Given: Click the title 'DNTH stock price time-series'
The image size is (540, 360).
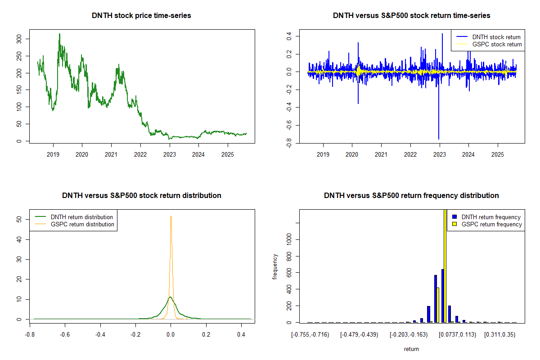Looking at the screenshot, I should pyautogui.click(x=141, y=16).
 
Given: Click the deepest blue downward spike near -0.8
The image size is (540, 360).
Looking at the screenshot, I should pyautogui.click(x=439, y=139).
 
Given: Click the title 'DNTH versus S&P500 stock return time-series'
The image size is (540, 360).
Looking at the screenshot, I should pyautogui.click(x=411, y=16).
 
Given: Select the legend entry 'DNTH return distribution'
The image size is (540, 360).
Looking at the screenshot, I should pyautogui.click(x=82, y=217).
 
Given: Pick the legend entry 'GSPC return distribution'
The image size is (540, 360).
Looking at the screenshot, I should pyautogui.click(x=82, y=224).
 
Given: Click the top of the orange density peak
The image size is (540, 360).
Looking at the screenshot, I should pyautogui.click(x=171, y=216).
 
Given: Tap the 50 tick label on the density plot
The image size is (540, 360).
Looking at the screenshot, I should pyautogui.click(x=18, y=220).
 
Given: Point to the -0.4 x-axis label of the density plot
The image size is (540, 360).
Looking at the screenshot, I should pyautogui.click(x=100, y=334).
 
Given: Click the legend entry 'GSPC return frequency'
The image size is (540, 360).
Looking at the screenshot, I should pyautogui.click(x=491, y=224).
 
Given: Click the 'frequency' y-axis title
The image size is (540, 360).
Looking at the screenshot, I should pyautogui.click(x=275, y=266).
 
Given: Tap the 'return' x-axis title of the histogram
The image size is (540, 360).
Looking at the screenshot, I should pyautogui.click(x=411, y=349).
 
